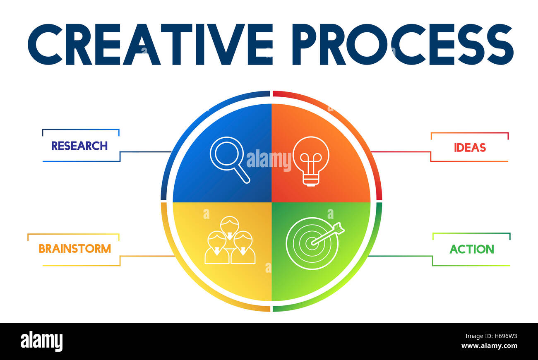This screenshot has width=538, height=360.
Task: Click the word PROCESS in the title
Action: tap(402, 44)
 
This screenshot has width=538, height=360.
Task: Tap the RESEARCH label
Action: tap(79, 146)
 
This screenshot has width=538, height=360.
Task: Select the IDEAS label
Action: tap(470, 148)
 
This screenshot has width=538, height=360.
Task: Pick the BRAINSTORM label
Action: tap(75, 249)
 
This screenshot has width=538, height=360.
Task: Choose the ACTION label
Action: tap(472, 249)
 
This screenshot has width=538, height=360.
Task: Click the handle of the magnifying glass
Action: tap(242, 174)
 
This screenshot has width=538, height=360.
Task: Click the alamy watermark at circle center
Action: tap(269, 161)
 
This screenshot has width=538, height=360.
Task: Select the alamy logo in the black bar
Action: tap(41, 341)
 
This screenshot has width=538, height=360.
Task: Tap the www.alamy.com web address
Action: tap(489, 346)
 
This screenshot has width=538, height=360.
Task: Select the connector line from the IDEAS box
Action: tap(400, 152)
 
